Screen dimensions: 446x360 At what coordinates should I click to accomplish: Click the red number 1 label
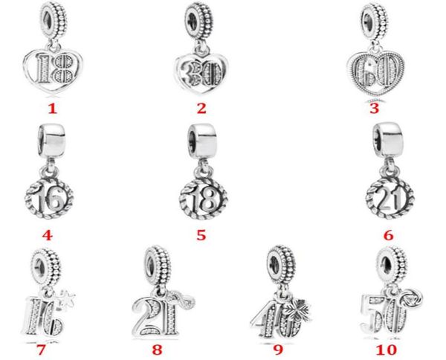(52, 109)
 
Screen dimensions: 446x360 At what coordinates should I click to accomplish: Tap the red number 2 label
(201, 109)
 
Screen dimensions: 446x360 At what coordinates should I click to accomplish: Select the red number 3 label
(375, 109)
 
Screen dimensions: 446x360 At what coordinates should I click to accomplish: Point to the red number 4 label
(48, 235)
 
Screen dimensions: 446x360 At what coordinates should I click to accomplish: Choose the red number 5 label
(201, 235)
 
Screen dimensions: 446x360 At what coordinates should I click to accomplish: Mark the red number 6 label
(388, 235)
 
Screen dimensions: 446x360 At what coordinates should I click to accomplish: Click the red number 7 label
(41, 350)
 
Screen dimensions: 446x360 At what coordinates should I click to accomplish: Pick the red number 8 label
(157, 350)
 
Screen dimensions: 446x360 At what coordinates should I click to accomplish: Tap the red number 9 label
(278, 350)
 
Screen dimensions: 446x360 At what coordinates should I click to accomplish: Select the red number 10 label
(386, 350)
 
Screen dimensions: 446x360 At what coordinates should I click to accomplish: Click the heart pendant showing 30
(201, 74)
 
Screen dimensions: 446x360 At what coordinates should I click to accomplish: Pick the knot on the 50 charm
(411, 298)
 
